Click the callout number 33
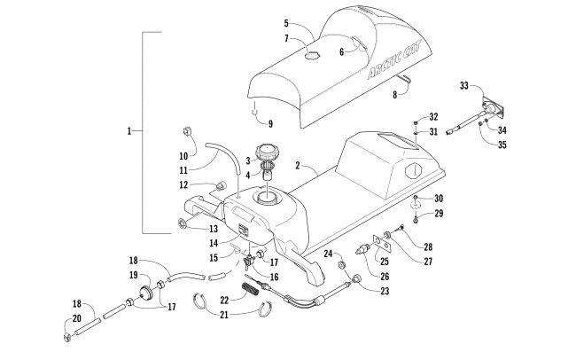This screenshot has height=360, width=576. tap(464, 86)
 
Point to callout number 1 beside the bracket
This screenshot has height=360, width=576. tap(129, 131)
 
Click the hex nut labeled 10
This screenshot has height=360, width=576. tap(187, 131)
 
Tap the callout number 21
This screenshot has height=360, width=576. tap(224, 315)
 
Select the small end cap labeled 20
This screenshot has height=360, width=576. tap(66, 337)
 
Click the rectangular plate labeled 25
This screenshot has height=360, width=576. tap(382, 244)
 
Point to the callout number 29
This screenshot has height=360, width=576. tap(439, 214)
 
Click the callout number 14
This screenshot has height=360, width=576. tap(214, 244)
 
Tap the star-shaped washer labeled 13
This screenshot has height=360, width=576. tap(182, 223)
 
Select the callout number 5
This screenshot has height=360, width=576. tap(286, 24)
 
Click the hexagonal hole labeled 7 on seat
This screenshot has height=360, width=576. tap(312, 56)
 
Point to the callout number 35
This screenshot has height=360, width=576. tap(502, 145)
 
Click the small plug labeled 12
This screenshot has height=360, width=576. tap(221, 186)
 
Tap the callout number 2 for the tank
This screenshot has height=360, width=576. tap(298, 166)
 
